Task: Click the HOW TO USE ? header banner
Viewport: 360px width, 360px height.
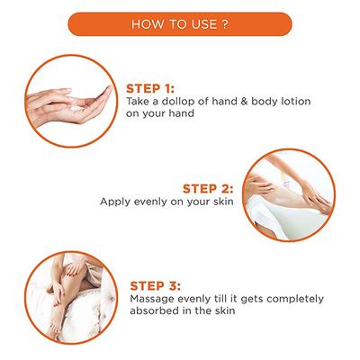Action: (x=180, y=24)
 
